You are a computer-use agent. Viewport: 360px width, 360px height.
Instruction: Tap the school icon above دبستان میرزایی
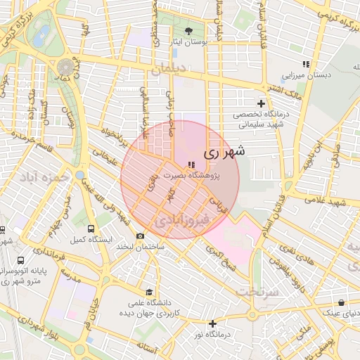click(305, 64)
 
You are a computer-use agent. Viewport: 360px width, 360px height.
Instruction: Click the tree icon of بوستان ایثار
click(189, 31)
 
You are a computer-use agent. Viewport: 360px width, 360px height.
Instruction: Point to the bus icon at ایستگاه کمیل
click(91, 229)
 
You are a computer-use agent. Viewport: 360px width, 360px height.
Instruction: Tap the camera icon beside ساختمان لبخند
click(141, 236)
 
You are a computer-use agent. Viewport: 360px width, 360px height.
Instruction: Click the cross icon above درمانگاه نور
click(212, 323)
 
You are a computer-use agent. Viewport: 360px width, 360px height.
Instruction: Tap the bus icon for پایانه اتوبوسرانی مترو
click(20, 259)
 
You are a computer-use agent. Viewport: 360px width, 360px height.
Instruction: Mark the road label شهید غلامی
click(331, 202)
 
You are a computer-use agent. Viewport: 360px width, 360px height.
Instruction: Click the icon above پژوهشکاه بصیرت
click(192, 165)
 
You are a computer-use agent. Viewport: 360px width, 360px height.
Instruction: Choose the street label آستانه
click(150, 348)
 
